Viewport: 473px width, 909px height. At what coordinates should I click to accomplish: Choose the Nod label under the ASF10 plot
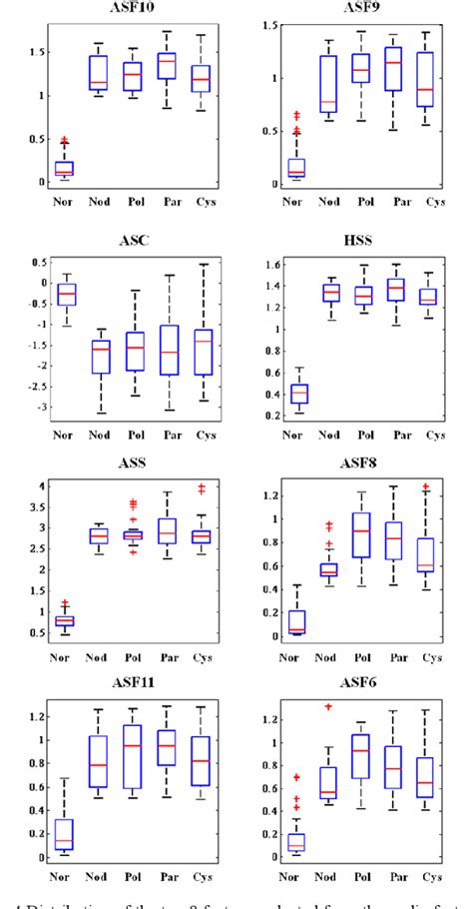[x=99, y=203]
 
